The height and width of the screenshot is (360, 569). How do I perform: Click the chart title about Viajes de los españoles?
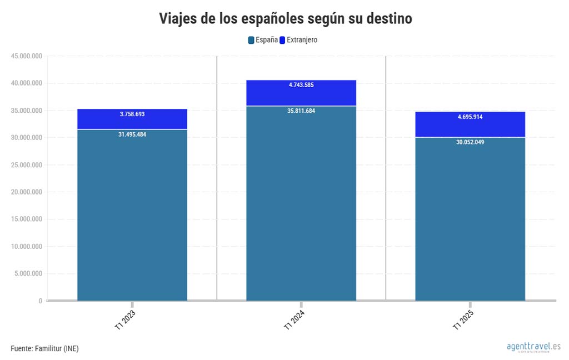coord(285,18)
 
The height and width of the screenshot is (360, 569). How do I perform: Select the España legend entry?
coord(263,40)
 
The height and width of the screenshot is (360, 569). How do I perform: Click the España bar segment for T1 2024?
coord(301,206)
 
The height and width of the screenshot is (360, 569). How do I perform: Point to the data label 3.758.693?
coord(132,114)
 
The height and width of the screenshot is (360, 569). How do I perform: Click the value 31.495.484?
coord(132,134)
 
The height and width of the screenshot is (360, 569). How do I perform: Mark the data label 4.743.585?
coord(301,85)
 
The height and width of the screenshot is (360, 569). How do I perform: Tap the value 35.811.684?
coord(301,111)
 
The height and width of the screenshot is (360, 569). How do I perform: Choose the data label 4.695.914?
coord(470,117)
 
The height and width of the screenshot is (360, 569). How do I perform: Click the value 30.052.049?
coord(470,142)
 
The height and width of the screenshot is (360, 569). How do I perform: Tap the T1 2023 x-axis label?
coord(125,321)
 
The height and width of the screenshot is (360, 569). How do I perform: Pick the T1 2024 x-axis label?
coord(294,321)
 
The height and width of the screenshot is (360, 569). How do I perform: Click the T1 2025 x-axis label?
coord(463,321)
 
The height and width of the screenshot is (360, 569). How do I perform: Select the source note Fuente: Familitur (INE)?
coord(44,348)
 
